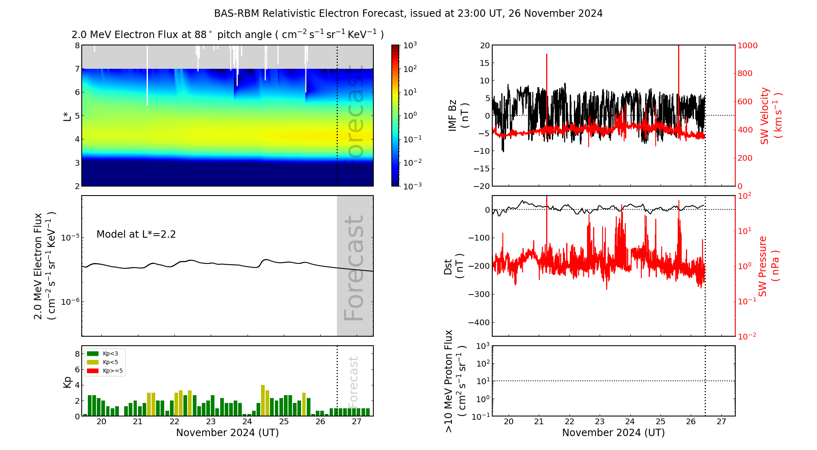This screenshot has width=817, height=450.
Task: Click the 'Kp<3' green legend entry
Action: [110, 353]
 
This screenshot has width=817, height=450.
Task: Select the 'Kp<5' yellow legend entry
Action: [110, 362]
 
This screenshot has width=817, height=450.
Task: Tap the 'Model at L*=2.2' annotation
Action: [136, 234]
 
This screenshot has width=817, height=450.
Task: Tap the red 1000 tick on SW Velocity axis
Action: [747, 45]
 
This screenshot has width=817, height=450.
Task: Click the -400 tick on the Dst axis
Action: [479, 322]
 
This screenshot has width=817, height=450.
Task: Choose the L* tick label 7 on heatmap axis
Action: [77, 69]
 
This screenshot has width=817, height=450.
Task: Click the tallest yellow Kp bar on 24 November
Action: [263, 400]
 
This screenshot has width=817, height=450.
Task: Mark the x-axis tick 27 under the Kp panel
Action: [357, 422]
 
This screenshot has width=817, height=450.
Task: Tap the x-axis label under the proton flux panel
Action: [613, 433]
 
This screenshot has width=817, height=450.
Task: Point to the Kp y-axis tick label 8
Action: [77, 354]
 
